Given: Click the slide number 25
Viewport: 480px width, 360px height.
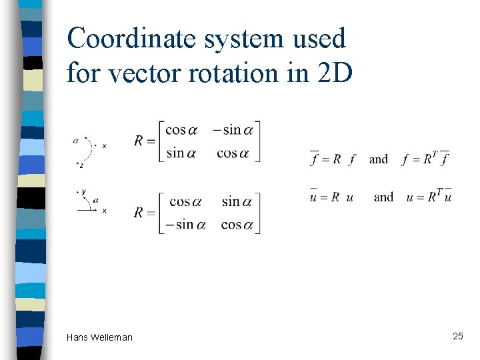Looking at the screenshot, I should (457, 336).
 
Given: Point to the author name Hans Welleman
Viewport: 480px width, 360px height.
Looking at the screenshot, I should (99, 337).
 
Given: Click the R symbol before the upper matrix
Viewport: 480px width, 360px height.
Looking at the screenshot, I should (139, 141).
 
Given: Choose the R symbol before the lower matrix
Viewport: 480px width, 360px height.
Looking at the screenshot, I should (139, 213).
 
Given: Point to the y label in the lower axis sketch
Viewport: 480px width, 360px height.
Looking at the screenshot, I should (83, 192).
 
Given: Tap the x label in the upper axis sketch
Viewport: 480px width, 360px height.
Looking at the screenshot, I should (104, 145).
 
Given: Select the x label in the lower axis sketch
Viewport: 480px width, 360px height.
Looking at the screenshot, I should (105, 211).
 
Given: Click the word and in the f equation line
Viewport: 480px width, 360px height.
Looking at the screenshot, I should (378, 159).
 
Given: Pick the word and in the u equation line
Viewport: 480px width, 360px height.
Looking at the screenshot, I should (383, 197).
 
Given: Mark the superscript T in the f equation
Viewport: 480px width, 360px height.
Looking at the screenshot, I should (434, 154).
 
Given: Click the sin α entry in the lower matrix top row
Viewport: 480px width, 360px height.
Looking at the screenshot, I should (240, 201).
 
